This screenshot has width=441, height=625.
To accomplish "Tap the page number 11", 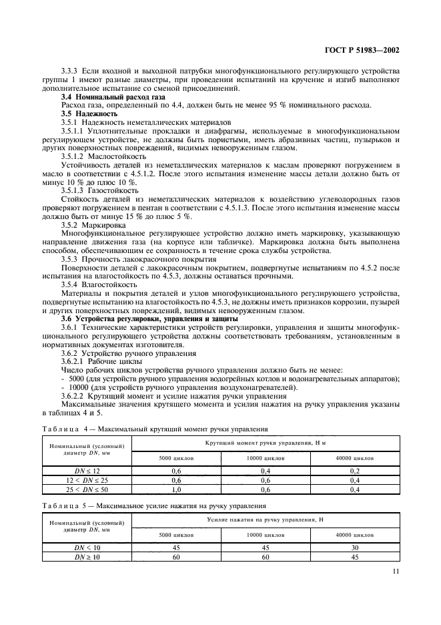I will pyautogui.click(x=396, y=572).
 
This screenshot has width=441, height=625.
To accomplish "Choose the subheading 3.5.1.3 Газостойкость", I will pyautogui.click(x=99, y=190).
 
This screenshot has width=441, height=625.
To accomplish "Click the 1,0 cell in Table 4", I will pyautogui.click(x=176, y=489).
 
